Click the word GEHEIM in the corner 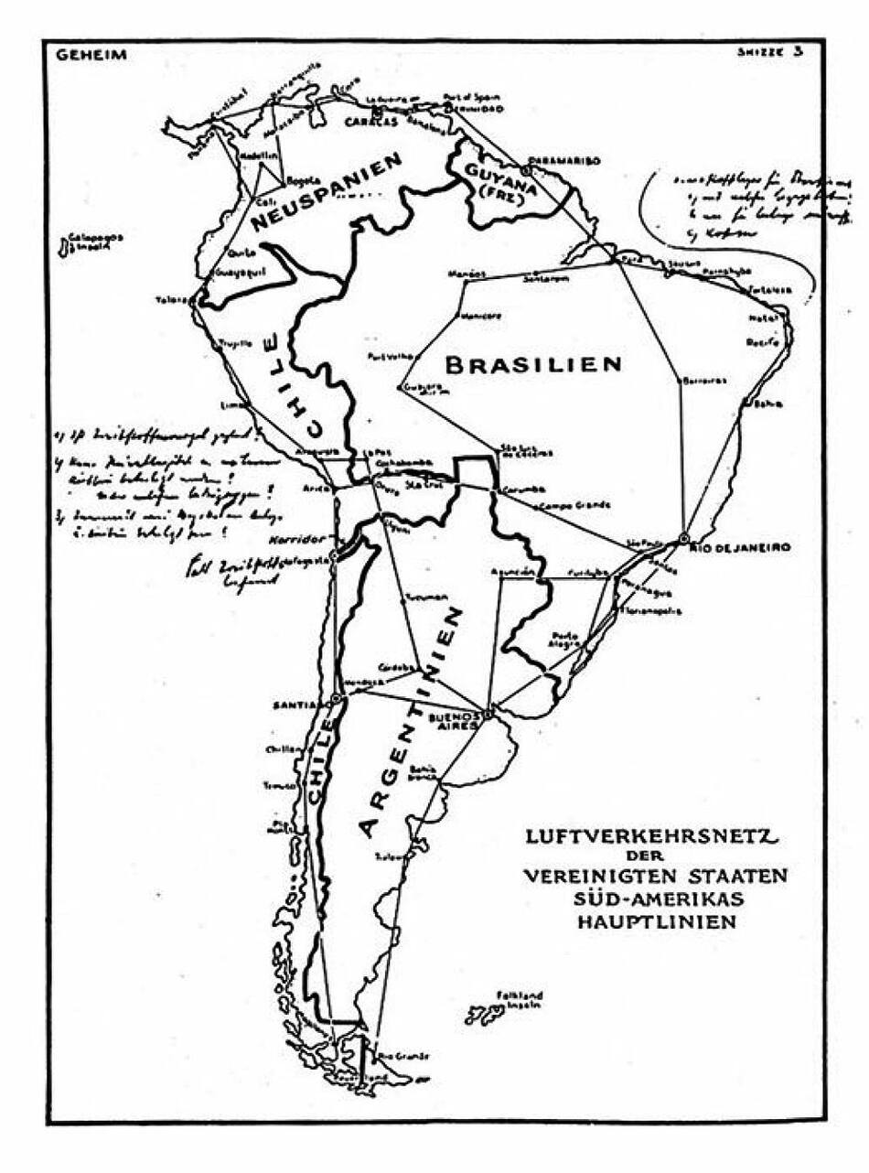[x=91, y=55]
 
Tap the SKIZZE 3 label [x=770, y=52]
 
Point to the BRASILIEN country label [x=533, y=364]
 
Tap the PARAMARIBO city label [x=564, y=160]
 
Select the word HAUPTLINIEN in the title [x=655, y=921]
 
